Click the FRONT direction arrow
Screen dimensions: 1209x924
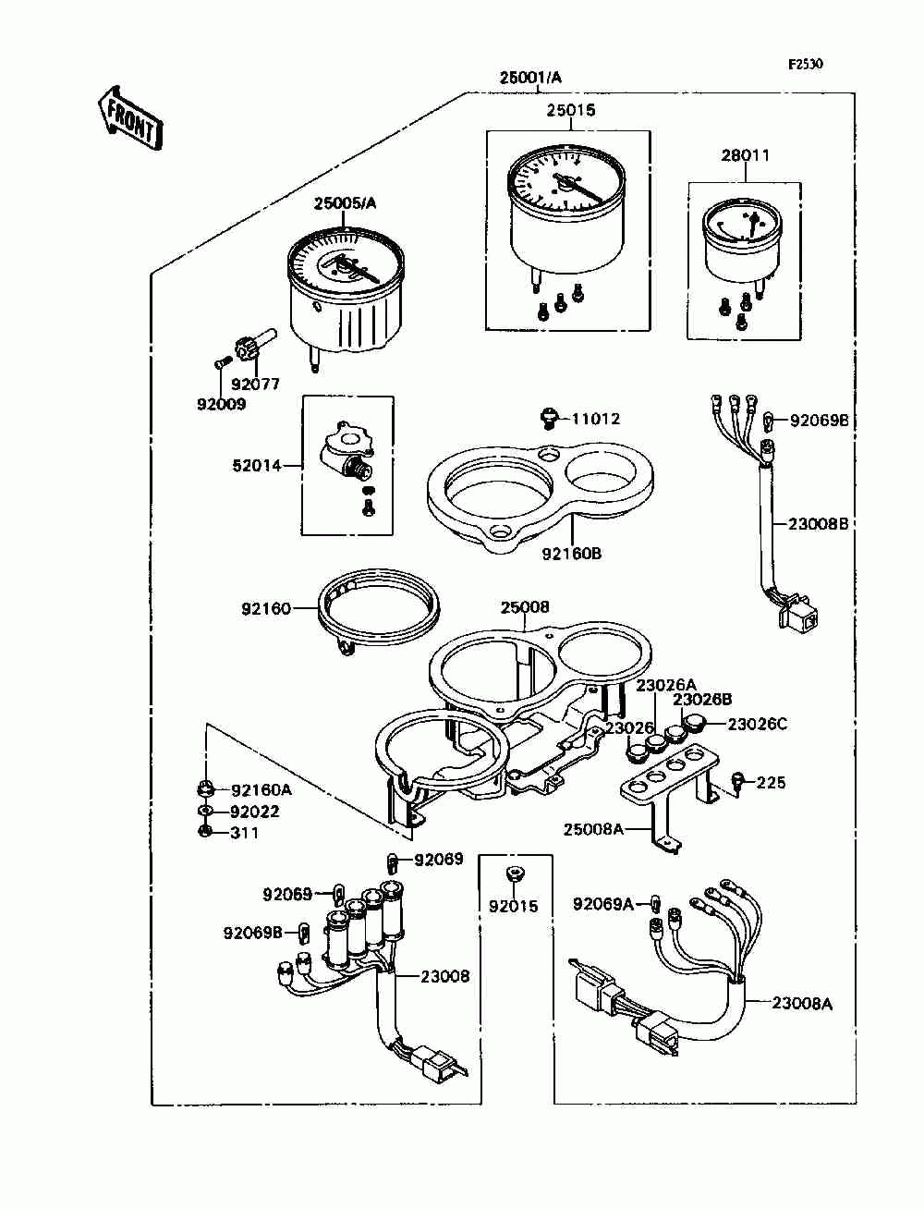(130, 116)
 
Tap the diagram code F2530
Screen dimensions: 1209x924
(805, 65)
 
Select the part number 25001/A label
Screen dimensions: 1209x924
(530, 79)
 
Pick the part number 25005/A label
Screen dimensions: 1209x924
(345, 203)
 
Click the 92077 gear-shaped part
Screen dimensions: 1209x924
(247, 349)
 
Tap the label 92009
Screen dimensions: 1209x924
(221, 404)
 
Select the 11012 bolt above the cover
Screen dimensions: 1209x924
(548, 419)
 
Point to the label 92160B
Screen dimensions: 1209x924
(571, 554)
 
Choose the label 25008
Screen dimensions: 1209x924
(525, 607)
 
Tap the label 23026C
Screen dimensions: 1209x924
(758, 724)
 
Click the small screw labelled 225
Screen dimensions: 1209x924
(738, 782)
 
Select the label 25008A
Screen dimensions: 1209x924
(593, 829)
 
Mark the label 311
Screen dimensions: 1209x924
(245, 833)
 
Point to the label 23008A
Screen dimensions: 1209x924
(802, 1003)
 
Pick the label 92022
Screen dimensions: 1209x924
(255, 812)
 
